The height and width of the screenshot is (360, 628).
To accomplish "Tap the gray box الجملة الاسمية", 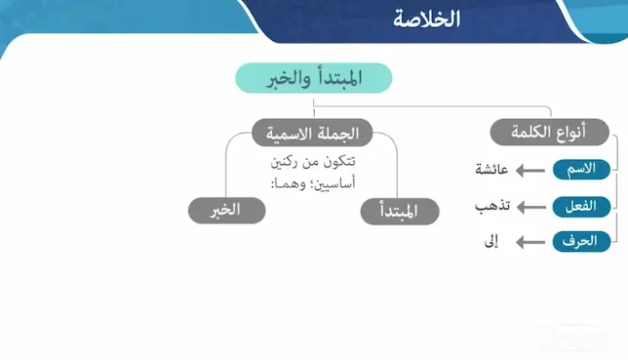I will point(312,132).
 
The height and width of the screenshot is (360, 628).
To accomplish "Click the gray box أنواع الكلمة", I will point(549,132).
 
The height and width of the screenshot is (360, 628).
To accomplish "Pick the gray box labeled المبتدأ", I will point(399,211).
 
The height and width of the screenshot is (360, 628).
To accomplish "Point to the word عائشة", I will point(492,170).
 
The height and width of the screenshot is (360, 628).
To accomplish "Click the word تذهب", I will point(492,206).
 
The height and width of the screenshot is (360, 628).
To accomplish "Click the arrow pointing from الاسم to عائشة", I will point(532,170).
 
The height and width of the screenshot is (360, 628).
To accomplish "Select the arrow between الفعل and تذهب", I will point(532,206).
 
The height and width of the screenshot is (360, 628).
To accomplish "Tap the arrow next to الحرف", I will point(532,243).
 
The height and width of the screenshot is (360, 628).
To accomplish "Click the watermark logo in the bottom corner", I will point(578,339).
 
